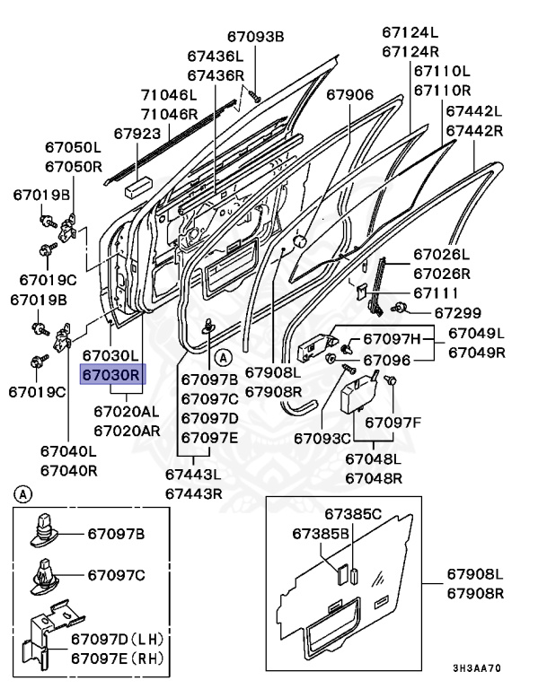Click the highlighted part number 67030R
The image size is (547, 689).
click(111, 375)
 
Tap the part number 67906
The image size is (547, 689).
click(349, 95)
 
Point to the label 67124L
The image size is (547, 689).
click(410, 32)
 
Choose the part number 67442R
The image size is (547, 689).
click(474, 130)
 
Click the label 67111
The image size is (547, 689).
click(436, 293)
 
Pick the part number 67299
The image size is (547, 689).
click(458, 313)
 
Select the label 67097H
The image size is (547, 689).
click(392, 338)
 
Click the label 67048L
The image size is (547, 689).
click(373, 459)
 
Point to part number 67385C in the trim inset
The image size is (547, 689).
click(353, 514)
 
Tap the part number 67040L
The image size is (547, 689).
click(68, 451)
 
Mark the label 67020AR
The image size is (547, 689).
click(126, 430)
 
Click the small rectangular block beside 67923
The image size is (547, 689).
click(136, 188)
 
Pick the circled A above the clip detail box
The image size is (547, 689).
click(23, 493)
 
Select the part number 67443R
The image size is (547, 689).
click(194, 493)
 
